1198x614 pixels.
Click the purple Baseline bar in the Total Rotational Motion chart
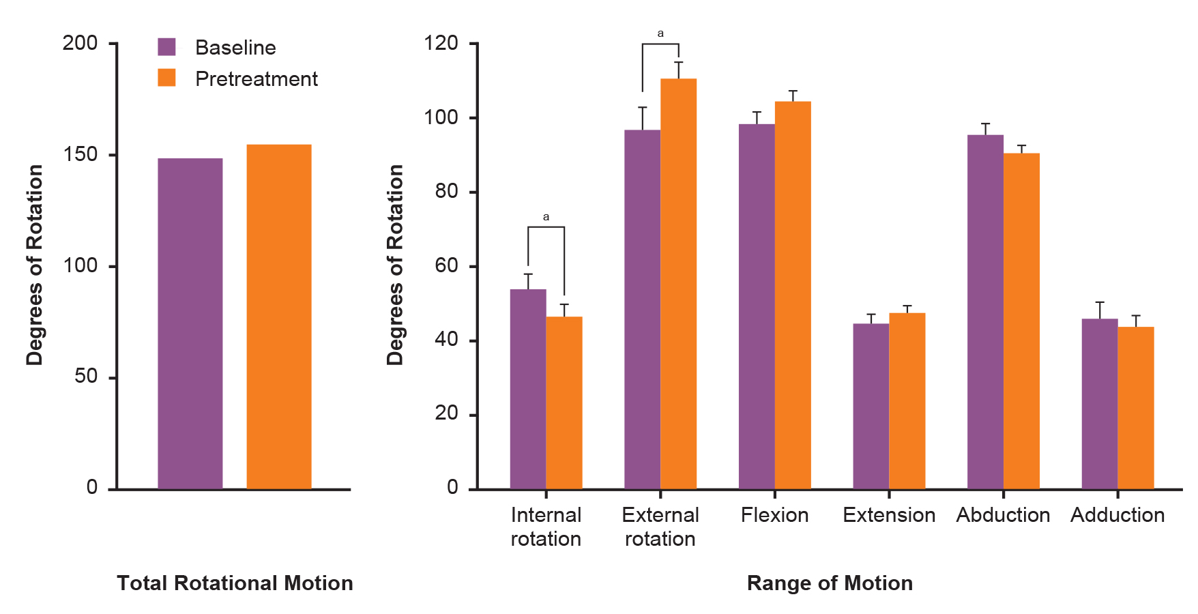190,323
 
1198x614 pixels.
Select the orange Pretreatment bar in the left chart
278,317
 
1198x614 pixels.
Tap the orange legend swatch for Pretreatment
166,78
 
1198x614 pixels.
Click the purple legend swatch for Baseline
166,46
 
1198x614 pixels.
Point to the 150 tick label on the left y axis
80,154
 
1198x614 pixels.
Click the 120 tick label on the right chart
441,43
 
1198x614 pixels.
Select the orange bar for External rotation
678,283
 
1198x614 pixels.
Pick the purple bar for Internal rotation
527,389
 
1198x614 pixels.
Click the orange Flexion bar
793,295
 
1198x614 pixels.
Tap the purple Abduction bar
985,312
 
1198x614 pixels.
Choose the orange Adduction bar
1135,407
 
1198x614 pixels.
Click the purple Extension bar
871,406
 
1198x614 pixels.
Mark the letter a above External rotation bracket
660,33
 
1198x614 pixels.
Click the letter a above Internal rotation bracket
546,217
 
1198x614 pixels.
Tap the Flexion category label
774,515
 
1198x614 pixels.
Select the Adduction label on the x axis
1117,515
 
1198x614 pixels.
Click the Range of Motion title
830,583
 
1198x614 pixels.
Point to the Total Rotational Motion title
235,583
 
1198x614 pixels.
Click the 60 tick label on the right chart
446,265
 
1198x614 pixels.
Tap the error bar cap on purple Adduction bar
1099,302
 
